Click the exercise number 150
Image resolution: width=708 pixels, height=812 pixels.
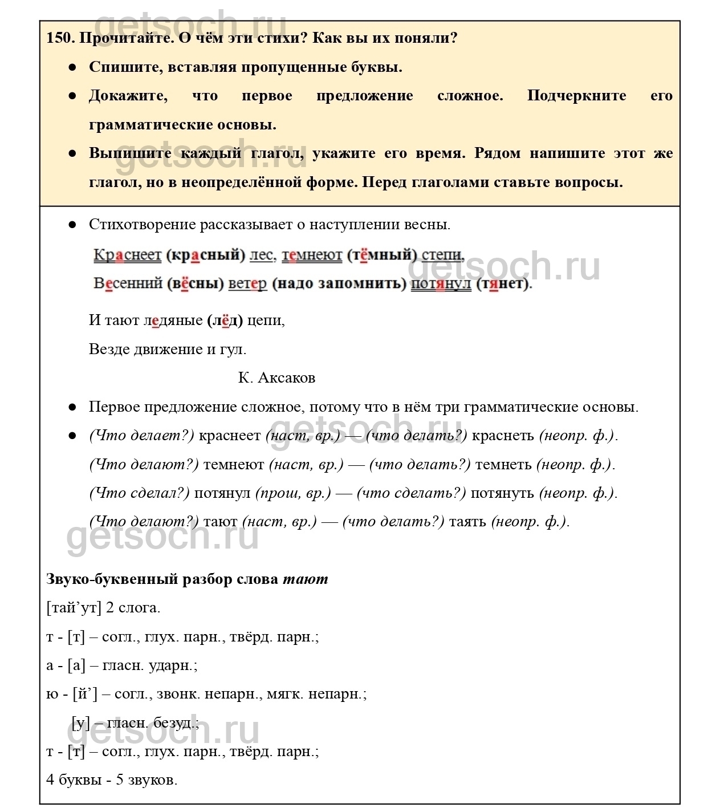tap(60, 39)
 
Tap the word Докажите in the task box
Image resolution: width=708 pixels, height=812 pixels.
tap(128, 96)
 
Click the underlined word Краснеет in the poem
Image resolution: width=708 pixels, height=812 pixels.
tap(127, 255)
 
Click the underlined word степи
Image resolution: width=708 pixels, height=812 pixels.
tap(442, 255)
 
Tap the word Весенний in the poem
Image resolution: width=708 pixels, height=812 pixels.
tap(128, 283)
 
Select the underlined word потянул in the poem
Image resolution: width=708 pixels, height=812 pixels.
tap(441, 283)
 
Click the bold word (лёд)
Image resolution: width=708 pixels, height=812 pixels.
tap(225, 320)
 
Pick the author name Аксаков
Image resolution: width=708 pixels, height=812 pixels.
tap(286, 378)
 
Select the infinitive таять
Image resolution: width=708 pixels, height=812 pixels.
tap(467, 522)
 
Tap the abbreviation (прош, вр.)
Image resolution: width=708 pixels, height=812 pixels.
tap(292, 493)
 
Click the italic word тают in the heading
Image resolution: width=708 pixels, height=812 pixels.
tap(306, 579)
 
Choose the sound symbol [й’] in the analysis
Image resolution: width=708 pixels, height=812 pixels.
tap(85, 694)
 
